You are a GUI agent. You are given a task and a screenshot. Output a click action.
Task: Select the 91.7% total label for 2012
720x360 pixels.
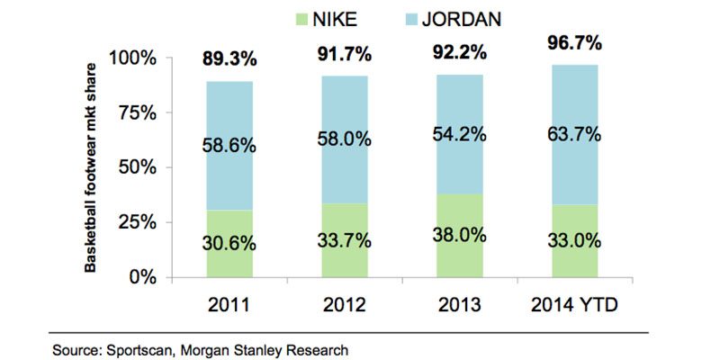345,53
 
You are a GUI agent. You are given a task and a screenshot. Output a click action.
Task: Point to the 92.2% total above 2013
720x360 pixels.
458,52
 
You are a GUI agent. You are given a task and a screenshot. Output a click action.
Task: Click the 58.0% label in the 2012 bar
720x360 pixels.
345,141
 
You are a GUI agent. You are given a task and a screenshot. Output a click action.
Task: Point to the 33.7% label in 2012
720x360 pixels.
345,242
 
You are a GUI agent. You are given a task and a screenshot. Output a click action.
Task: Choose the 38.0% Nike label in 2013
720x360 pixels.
458,236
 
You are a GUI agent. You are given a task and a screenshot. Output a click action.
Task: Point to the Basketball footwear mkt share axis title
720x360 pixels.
91,166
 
